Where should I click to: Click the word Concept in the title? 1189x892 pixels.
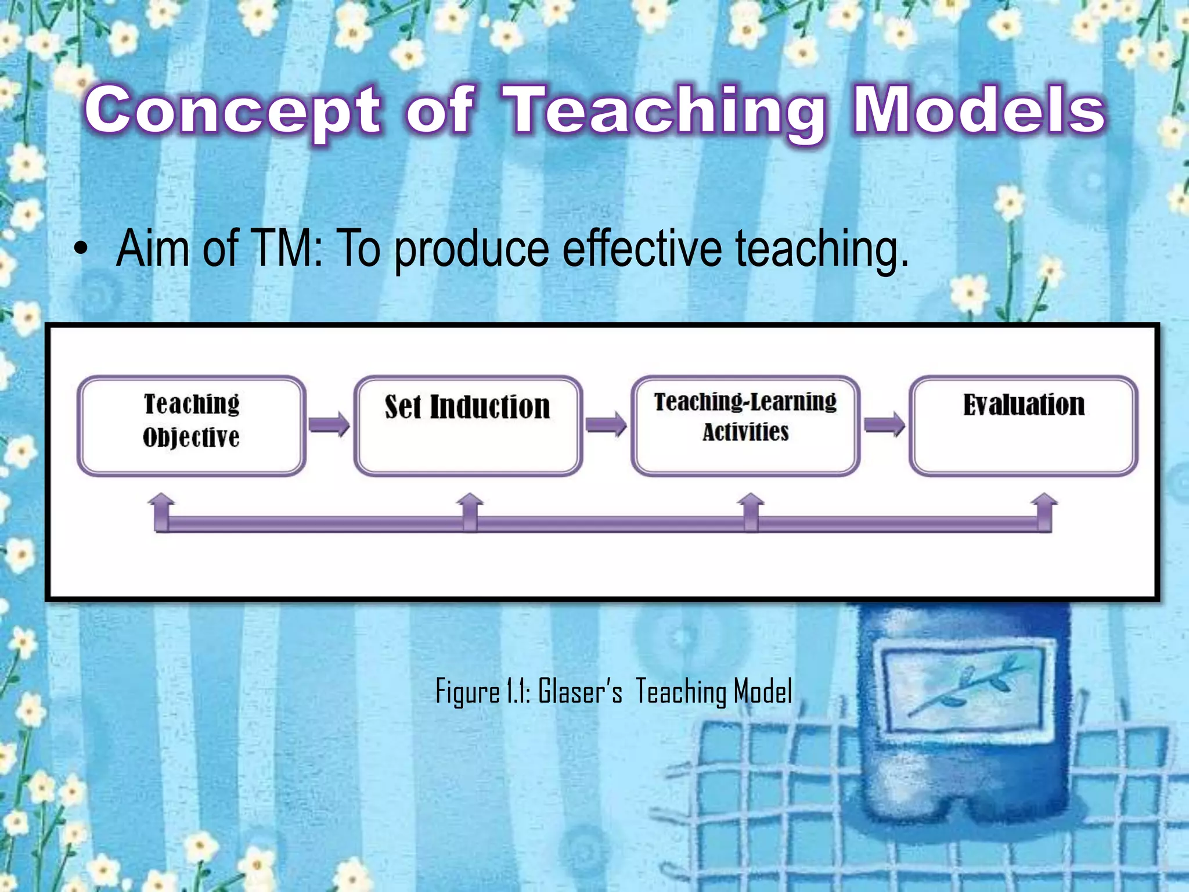(x=232, y=110)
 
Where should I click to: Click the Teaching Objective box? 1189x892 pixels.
(x=192, y=425)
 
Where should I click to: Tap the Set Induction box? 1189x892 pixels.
(x=468, y=425)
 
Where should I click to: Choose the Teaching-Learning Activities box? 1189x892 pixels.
(x=745, y=425)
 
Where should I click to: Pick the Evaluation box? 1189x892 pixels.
(x=1023, y=425)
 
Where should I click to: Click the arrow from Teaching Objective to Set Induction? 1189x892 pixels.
(x=329, y=425)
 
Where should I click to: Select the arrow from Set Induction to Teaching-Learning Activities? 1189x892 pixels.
(x=606, y=425)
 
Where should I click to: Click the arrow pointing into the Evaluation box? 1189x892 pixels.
(x=884, y=425)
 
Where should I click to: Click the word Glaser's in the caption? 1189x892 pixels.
(x=580, y=692)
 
